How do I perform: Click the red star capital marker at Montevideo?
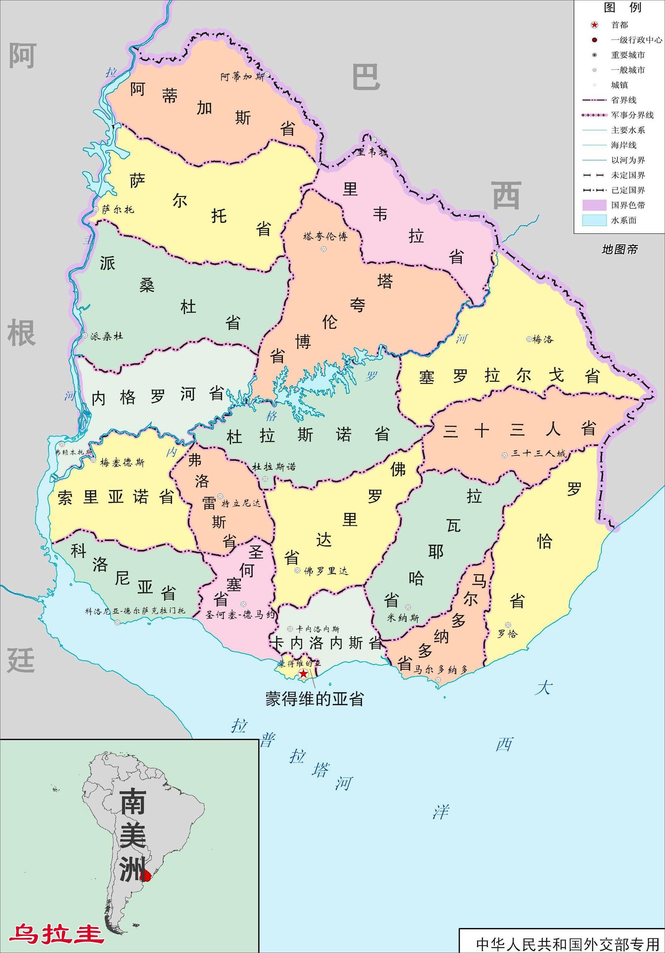(304, 674)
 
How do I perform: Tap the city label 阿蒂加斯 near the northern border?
(243, 77)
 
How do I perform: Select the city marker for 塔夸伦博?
(323, 249)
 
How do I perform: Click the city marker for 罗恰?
(508, 625)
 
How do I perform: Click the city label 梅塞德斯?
(122, 462)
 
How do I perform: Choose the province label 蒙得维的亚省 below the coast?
(314, 699)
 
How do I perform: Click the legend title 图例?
(622, 7)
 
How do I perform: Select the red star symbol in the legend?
(595, 25)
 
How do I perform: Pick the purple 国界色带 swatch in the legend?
(594, 205)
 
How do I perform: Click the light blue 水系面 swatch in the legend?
(594, 220)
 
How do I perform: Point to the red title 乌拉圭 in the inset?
(56, 934)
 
